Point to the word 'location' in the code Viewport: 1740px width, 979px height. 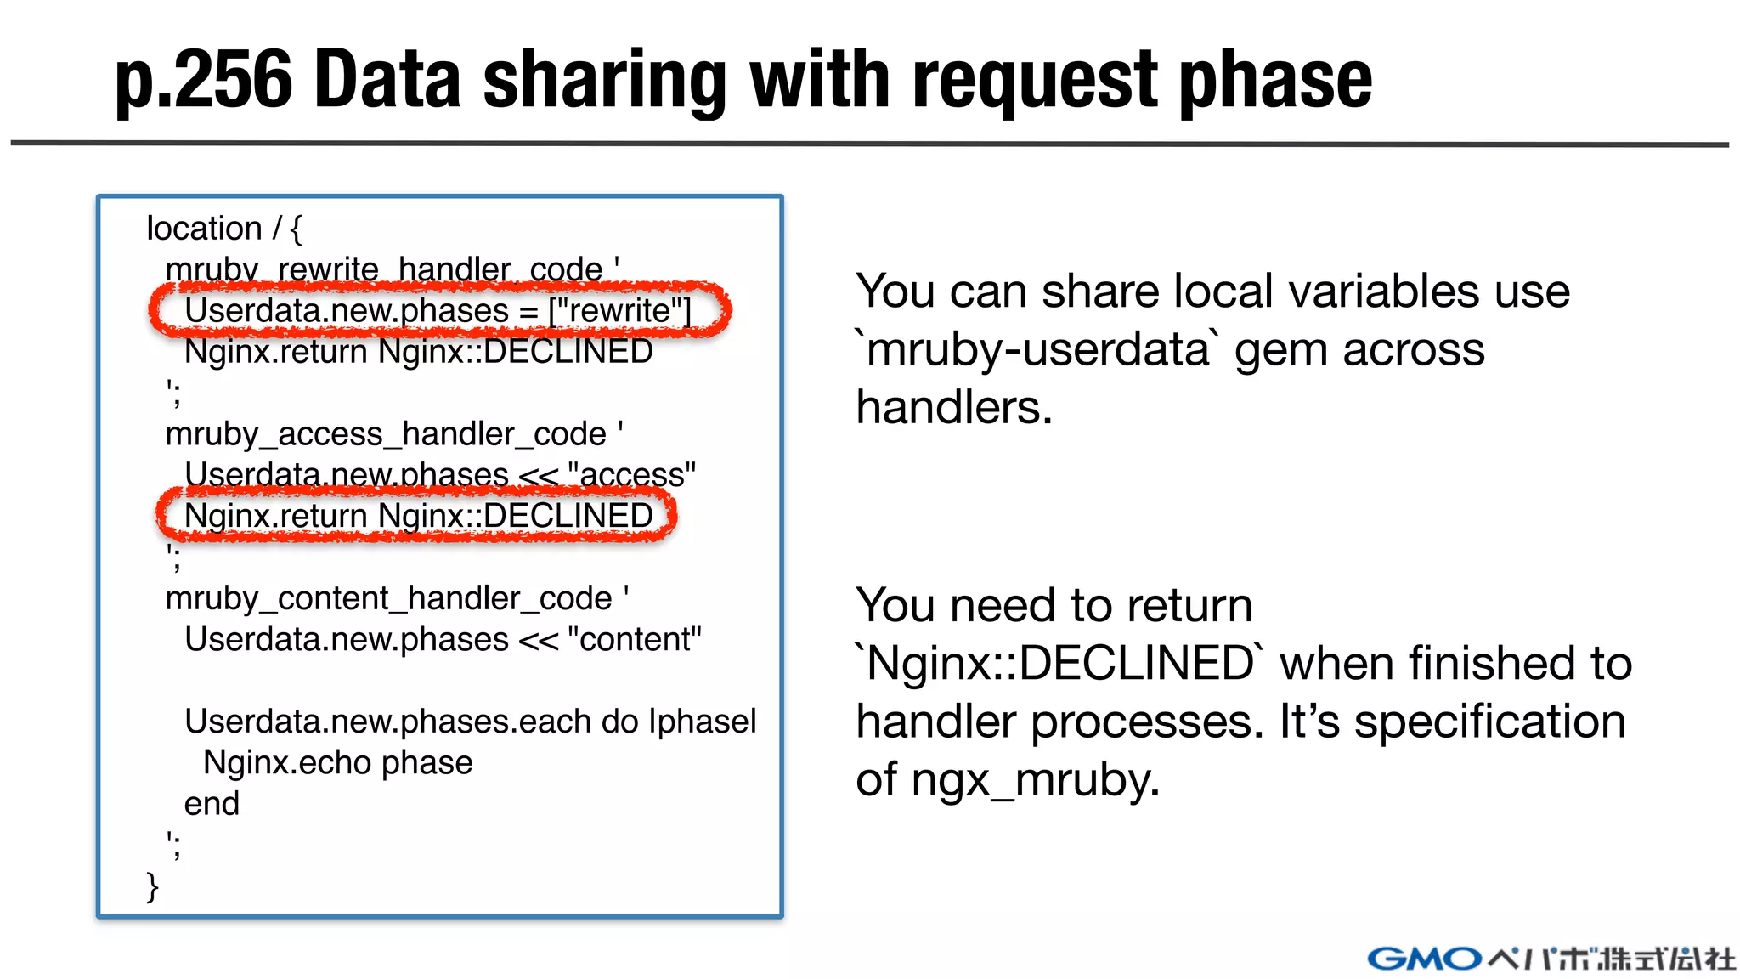point(204,228)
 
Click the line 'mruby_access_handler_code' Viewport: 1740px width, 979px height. point(386,434)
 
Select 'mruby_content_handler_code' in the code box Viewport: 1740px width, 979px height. point(388,598)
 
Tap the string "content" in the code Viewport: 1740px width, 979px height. point(634,639)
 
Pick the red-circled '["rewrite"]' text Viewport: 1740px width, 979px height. point(620,310)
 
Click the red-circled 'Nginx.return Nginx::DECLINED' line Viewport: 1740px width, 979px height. point(418,516)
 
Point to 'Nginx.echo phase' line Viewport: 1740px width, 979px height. point(337,762)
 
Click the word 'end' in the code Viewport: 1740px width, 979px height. point(212,803)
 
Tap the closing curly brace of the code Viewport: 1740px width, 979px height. point(153,886)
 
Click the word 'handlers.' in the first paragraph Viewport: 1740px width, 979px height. point(954,407)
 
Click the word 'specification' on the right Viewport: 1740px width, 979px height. point(1489,721)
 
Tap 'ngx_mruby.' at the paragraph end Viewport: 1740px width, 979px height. point(1035,779)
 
